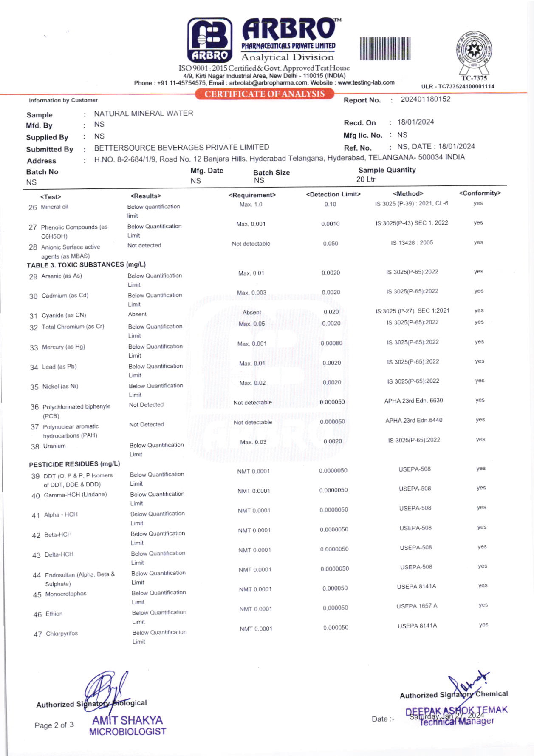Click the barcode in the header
[385, 49]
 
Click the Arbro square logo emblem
[210, 40]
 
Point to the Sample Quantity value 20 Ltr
[366, 179]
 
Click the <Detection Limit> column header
[333, 194]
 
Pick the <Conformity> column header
[480, 193]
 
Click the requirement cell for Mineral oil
[251, 205]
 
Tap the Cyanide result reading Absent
[137, 314]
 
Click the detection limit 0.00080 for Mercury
[331, 343]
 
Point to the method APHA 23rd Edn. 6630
[413, 400]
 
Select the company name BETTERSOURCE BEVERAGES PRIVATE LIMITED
[182, 147]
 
